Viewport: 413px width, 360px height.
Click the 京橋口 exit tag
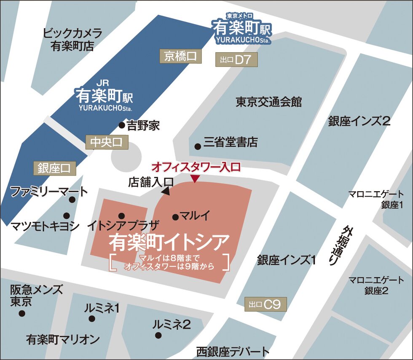[180, 56]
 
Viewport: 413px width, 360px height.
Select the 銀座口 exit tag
[54, 168]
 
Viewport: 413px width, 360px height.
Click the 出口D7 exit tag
[236, 60]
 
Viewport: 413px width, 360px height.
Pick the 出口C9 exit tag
[265, 304]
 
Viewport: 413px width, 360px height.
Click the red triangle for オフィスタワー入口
[195, 179]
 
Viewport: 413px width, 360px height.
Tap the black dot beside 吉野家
[121, 125]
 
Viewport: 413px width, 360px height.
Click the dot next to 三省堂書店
[197, 147]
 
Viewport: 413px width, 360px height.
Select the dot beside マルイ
[175, 217]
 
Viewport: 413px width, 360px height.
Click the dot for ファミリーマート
[72, 200]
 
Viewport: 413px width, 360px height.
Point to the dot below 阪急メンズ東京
[22, 313]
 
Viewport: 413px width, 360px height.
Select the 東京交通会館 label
[268, 102]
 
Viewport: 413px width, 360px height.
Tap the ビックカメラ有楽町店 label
[72, 39]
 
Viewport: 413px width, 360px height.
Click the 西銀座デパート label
[232, 352]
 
